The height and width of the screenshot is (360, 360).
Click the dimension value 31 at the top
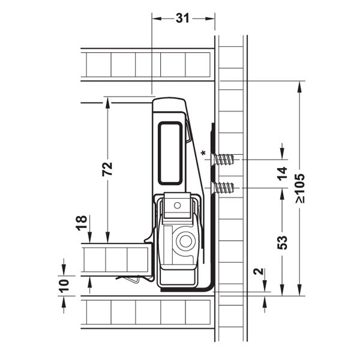182,19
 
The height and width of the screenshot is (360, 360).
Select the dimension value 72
107,169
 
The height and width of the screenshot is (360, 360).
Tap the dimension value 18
82,223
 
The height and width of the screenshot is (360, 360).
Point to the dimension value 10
64,286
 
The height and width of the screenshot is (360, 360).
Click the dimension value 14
282,173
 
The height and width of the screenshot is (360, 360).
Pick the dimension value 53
282,242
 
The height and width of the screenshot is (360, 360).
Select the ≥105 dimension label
300,188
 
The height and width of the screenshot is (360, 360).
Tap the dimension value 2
259,271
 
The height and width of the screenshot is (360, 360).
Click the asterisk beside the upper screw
203,153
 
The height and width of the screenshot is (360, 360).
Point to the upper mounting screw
223,160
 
